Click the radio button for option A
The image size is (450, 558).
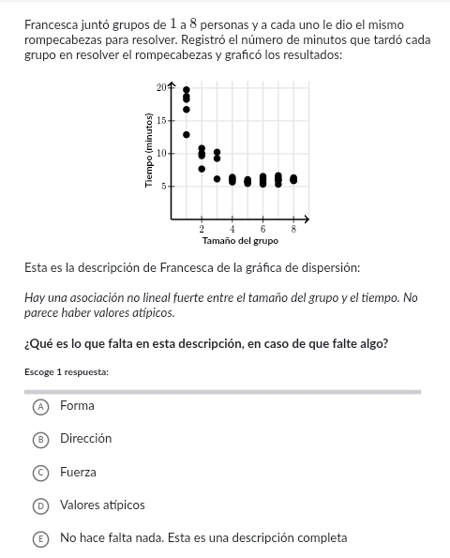click(x=39, y=406)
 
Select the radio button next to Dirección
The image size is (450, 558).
click(x=39, y=439)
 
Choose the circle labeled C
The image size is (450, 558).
click(x=39, y=472)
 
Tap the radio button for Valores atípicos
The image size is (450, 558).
click(x=39, y=505)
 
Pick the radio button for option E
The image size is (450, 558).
click(x=39, y=538)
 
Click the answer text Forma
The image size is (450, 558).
click(x=77, y=406)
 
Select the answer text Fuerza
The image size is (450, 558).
click(x=78, y=472)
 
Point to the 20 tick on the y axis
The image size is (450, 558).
click(x=161, y=87)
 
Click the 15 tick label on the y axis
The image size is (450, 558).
click(x=161, y=120)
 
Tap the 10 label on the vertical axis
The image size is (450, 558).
click(x=161, y=153)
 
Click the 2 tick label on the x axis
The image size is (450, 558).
click(x=202, y=229)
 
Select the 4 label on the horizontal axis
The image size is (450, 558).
click(x=232, y=229)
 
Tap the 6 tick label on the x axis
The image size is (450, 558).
click(x=263, y=229)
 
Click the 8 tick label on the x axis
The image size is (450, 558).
click(x=293, y=229)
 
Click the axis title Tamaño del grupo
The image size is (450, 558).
click(x=240, y=241)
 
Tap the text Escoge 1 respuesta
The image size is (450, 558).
click(x=67, y=372)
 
